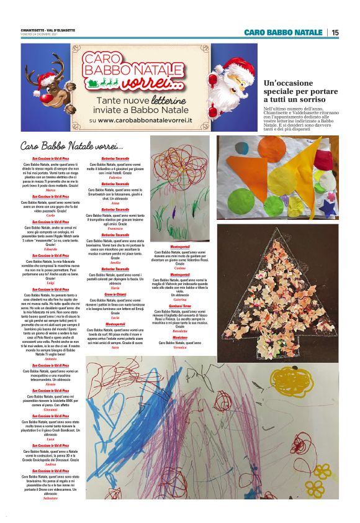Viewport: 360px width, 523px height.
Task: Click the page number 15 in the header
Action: tap(335, 32)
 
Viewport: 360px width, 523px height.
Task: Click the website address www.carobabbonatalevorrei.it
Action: tap(150, 120)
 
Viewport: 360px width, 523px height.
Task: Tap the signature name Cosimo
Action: tap(180, 268)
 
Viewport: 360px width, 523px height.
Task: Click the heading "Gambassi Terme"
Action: tap(180, 306)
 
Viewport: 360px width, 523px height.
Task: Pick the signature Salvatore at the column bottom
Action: tap(51, 498)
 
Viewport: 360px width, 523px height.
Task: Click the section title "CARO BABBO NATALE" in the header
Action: tap(282, 32)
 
